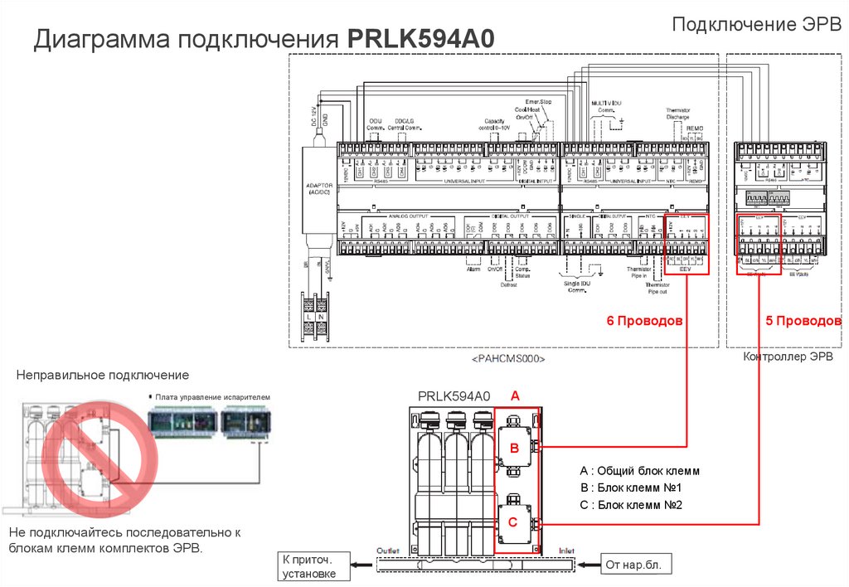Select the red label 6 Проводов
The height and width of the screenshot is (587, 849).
[643, 321]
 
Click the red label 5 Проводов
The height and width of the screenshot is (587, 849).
[803, 321]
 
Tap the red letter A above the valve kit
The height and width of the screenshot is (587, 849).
[515, 397]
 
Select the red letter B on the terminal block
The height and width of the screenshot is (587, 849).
[513, 449]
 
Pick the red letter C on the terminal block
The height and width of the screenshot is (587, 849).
[513, 522]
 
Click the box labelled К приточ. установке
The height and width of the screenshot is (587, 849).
[310, 565]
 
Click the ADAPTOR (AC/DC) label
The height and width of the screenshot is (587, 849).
[318, 188]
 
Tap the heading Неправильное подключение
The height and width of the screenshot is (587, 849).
[103, 376]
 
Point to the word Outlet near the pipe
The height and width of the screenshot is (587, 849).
[388, 551]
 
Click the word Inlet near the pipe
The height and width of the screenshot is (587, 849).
[566, 551]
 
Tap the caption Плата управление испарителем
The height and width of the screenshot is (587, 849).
[212, 398]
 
